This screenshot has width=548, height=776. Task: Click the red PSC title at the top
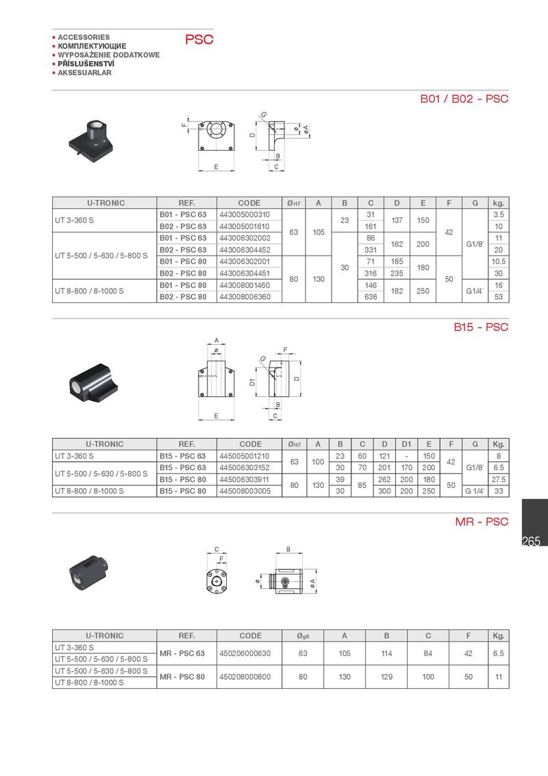[199, 40]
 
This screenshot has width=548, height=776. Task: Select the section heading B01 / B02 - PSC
[464, 99]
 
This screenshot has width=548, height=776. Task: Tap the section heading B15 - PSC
[481, 327]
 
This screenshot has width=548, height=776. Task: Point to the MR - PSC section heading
[482, 522]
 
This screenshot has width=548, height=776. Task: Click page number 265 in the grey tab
[532, 542]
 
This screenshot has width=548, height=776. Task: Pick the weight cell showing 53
[499, 297]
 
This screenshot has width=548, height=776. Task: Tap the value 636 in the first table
[371, 297]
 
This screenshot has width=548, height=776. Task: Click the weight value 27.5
[499, 480]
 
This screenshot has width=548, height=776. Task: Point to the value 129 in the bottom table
[386, 677]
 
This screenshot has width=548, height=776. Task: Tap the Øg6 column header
[303, 635]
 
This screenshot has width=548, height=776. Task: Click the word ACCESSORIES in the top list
[84, 37]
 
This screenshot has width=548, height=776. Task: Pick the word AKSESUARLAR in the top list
[84, 73]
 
